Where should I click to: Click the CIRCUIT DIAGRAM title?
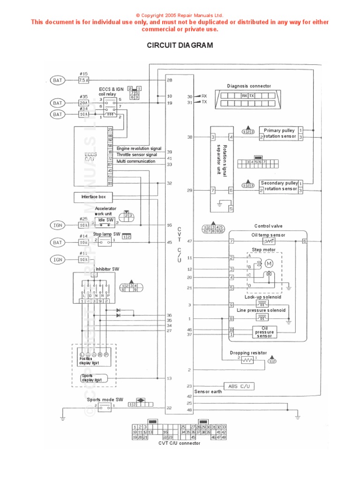click(180, 45)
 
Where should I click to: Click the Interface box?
click(93, 197)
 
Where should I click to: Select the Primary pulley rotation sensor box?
click(279, 133)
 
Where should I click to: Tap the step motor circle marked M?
click(269, 264)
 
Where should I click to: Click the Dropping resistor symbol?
click(247, 360)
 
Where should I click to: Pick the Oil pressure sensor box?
click(264, 332)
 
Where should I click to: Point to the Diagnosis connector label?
click(249, 86)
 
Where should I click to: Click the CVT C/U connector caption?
click(179, 443)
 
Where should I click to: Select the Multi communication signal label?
click(136, 161)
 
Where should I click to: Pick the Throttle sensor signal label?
click(137, 155)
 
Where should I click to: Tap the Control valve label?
click(268, 226)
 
